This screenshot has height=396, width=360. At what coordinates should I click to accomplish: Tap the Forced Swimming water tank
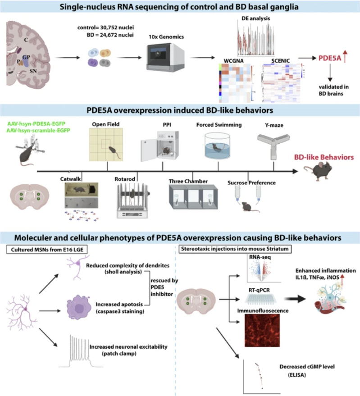(218, 147)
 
